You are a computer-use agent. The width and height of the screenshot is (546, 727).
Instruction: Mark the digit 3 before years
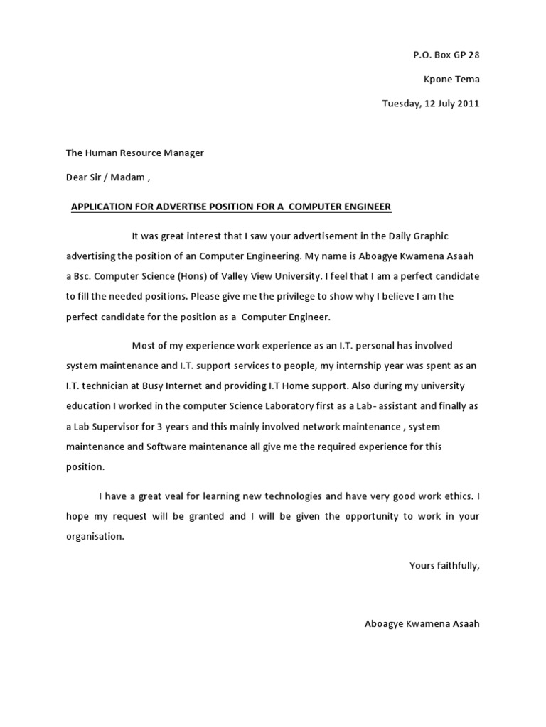159,427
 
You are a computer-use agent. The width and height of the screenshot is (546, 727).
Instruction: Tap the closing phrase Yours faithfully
444,566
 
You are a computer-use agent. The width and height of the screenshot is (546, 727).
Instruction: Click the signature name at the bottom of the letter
422,624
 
